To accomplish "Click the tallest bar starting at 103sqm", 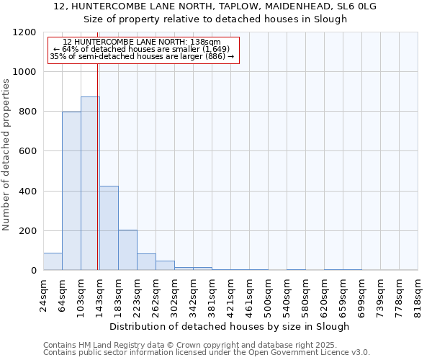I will (90, 184).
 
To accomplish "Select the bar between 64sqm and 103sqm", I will (71, 191).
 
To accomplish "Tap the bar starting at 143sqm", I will (109, 228).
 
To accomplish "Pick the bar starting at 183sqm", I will (127, 250).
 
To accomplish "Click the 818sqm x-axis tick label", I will (418, 294).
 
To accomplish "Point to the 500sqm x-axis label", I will (268, 294).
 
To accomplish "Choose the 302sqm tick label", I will (174, 294).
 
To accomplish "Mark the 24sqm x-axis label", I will (43, 294).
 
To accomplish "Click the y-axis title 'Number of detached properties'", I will (6, 156).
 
